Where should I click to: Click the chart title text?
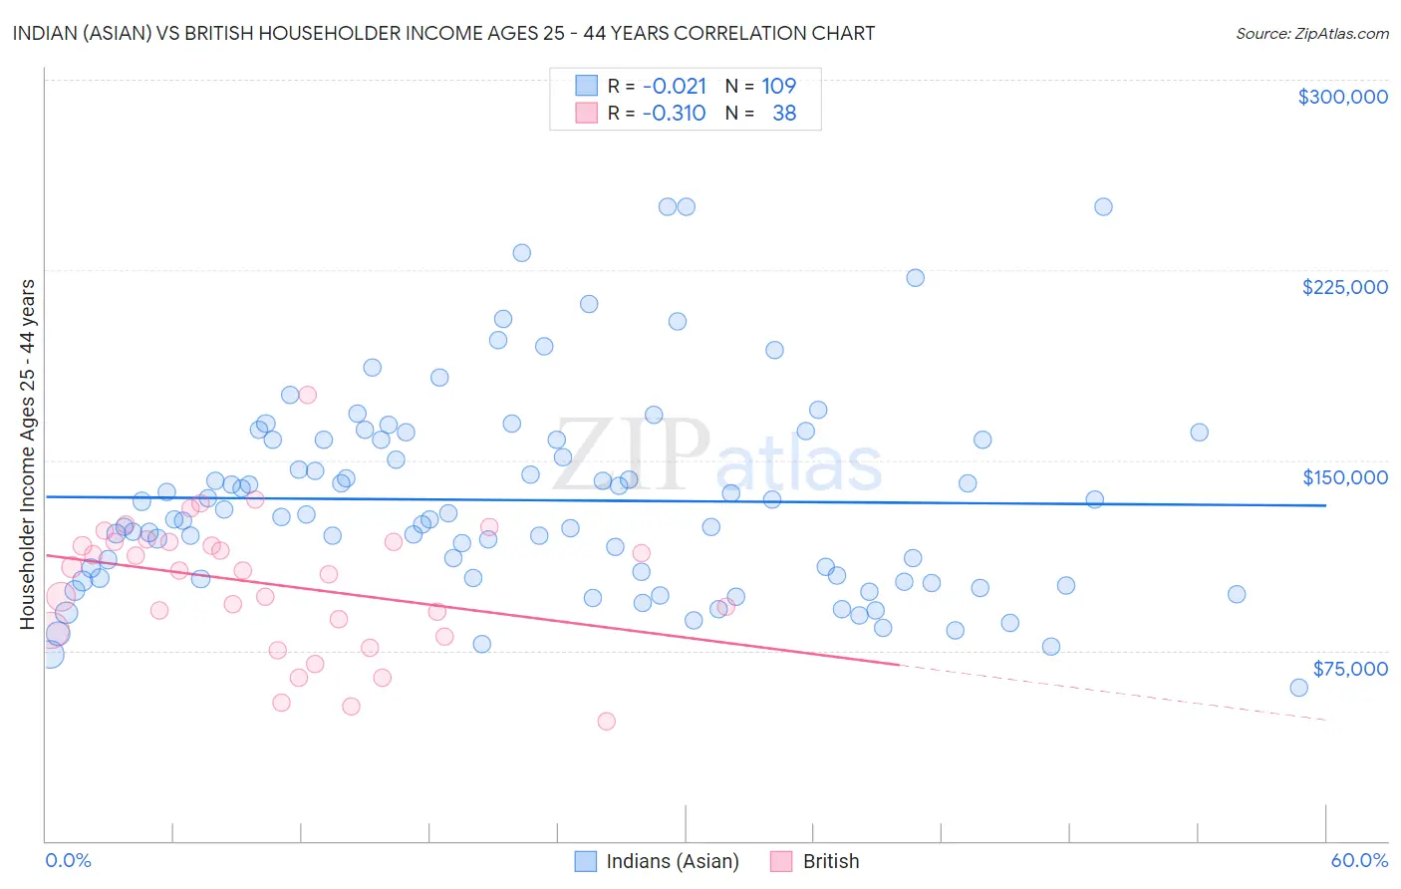[444, 33]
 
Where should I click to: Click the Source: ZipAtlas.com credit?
[1311, 33]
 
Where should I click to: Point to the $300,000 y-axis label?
[1342, 97]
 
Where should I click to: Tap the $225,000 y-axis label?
[1344, 287]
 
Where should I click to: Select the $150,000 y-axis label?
[1344, 477]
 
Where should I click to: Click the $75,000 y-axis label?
[1349, 669]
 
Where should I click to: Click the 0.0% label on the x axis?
[68, 860]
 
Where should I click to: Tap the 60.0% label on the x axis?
[1358, 860]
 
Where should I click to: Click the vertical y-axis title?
[27, 454]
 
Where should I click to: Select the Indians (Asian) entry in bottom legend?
[672, 861]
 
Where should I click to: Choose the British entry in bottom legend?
[830, 861]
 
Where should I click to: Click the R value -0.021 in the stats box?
[674, 86]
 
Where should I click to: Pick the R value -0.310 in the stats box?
[674, 113]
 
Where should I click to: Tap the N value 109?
[778, 86]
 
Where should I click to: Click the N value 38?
[784, 113]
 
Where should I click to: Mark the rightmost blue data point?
[1298, 688]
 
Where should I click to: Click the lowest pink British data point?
[606, 722]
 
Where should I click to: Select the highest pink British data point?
[307, 395]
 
